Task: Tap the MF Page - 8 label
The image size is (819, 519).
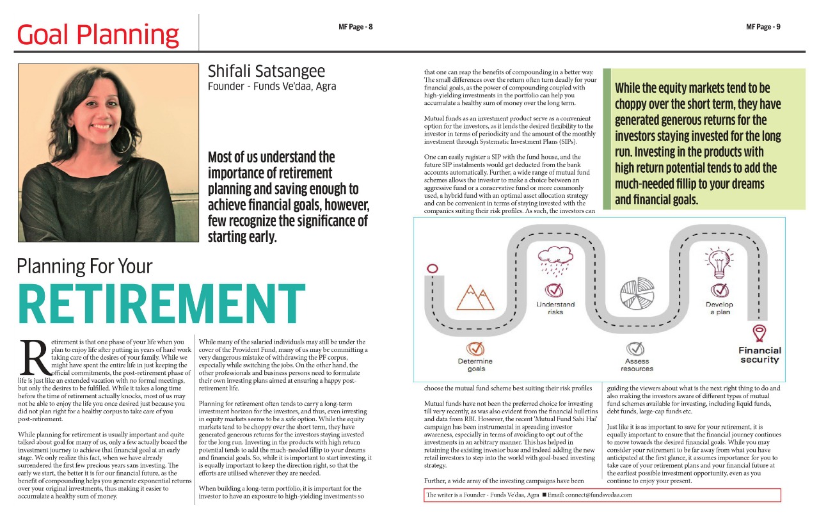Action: tap(356, 27)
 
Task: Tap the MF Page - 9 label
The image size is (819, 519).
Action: tap(763, 27)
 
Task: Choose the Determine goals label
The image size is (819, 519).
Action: tap(475, 365)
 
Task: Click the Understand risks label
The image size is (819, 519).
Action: tap(555, 308)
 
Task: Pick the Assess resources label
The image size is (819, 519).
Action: tap(637, 365)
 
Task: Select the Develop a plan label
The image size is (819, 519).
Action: tap(719, 308)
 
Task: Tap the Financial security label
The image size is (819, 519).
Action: tap(759, 355)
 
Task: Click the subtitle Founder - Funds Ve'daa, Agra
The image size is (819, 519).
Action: tap(272, 86)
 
